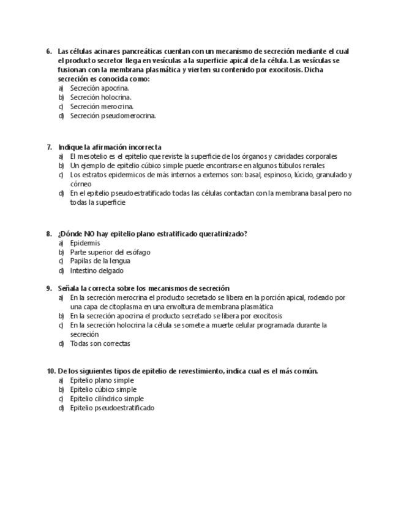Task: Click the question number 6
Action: coord(48,52)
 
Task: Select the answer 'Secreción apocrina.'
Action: coord(99,88)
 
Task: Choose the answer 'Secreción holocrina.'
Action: coord(100,97)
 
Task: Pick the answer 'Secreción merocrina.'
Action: coord(102,107)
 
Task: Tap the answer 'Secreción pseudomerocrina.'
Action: coord(113,116)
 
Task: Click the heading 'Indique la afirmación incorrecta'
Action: coord(110,147)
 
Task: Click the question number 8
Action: coord(48,234)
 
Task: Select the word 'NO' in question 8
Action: coord(91,234)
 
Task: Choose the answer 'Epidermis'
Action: coord(85,243)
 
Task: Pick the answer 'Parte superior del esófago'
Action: coord(110,252)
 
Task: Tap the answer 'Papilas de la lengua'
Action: coord(100,261)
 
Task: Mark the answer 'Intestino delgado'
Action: coord(97,270)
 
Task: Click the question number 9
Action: coord(48,288)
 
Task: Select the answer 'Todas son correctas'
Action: coord(100,344)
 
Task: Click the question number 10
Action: coord(50,371)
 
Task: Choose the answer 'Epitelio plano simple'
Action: coord(102,380)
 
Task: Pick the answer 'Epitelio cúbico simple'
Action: coord(103,389)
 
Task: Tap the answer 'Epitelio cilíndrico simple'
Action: coord(107,399)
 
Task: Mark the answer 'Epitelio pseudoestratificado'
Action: coord(112,408)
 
